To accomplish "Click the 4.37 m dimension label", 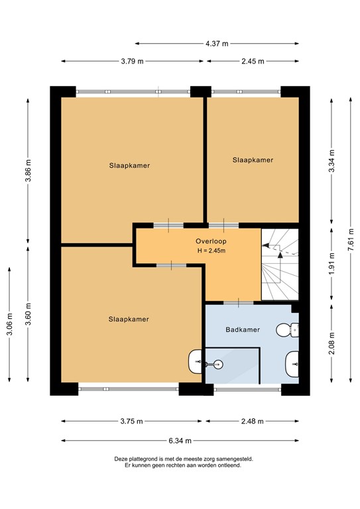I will (216, 43).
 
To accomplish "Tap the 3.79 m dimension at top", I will (133, 62).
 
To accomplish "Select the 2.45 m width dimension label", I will (252, 62).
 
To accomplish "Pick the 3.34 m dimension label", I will (331, 158).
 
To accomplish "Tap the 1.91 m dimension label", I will (331, 263).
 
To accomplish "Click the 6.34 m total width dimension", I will (180, 440).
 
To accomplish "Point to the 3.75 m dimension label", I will (133, 422).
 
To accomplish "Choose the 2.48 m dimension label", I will (252, 422).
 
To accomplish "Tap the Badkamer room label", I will (242, 329).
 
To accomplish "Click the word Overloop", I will (211, 241).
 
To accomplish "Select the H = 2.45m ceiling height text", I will (211, 251).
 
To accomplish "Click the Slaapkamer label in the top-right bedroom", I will (253, 160).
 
